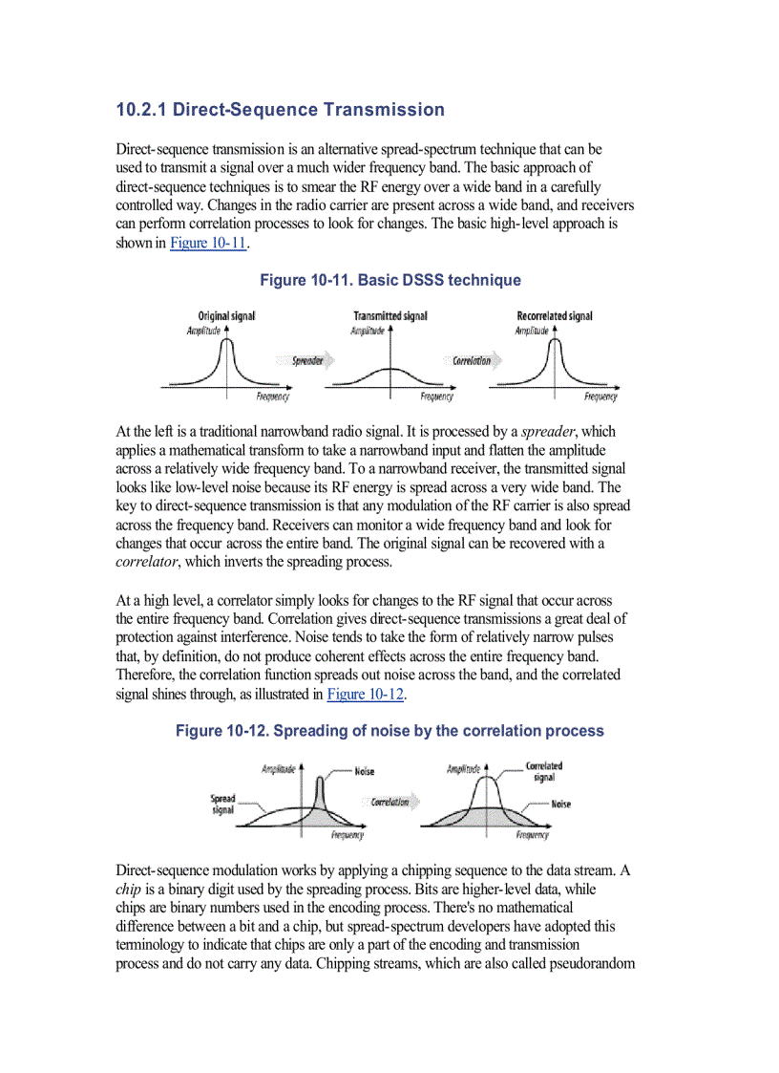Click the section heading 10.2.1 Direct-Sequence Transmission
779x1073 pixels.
(280, 110)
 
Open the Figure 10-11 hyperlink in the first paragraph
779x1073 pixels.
(208, 243)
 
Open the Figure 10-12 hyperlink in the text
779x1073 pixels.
(365, 694)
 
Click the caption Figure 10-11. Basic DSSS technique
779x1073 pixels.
(390, 280)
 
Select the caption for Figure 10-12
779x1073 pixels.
(389, 731)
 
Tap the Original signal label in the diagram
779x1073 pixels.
(226, 316)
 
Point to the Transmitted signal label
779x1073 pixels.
(389, 316)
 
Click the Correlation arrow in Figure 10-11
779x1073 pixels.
(473, 361)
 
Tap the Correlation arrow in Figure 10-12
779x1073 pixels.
(391, 802)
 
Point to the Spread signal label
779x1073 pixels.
(222, 805)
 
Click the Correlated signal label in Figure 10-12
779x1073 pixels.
(543, 771)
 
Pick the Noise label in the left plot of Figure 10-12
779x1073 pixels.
(364, 771)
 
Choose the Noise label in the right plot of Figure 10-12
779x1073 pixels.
(560, 805)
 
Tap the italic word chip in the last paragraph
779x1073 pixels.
(128, 888)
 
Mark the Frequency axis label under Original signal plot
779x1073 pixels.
(273, 397)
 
